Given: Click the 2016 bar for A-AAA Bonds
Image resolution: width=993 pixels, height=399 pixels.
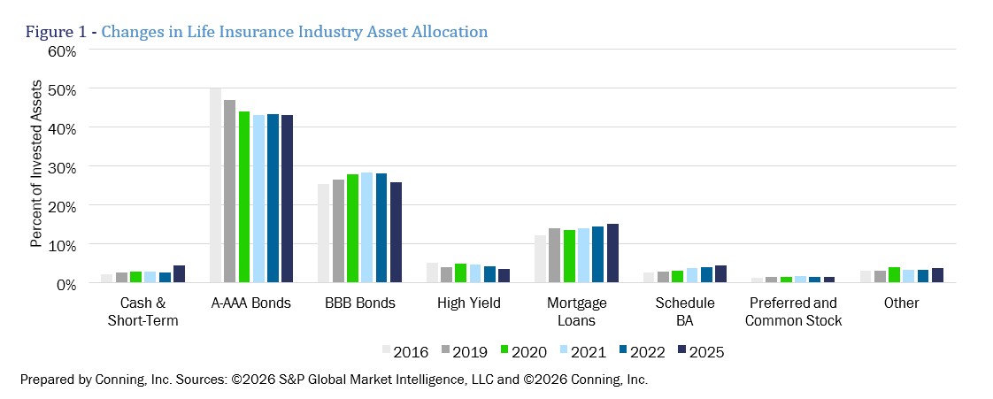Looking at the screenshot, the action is click(x=215, y=185).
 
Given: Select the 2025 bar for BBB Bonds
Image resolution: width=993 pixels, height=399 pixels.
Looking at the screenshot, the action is click(x=396, y=233).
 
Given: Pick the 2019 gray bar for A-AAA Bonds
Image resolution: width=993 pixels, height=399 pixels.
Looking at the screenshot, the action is click(x=230, y=191).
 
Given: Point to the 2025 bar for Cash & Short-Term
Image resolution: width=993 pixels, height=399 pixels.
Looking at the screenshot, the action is click(x=180, y=274).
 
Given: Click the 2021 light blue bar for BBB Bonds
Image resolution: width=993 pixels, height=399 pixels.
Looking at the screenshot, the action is click(x=366, y=227).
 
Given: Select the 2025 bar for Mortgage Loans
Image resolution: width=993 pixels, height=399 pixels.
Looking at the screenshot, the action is click(x=613, y=253).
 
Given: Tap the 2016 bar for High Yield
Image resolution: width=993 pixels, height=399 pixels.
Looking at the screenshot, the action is click(x=433, y=273).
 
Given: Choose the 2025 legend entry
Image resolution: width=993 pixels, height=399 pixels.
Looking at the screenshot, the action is click(x=700, y=351).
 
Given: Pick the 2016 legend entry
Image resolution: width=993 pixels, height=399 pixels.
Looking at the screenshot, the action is click(x=405, y=351).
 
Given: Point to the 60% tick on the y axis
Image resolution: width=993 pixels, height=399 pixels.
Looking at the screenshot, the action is click(x=62, y=51).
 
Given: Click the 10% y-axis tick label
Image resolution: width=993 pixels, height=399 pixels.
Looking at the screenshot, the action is click(x=62, y=245).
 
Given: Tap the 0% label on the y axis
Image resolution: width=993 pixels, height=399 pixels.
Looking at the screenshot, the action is click(x=65, y=284).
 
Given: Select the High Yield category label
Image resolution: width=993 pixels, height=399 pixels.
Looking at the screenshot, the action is click(x=469, y=303).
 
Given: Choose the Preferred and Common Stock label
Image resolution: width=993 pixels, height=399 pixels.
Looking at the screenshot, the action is click(x=794, y=311).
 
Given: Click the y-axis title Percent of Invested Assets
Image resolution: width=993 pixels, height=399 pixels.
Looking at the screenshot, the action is click(x=36, y=164).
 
